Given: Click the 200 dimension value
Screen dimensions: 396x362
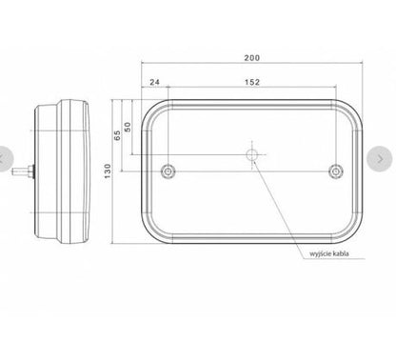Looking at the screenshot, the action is [x=252, y=58].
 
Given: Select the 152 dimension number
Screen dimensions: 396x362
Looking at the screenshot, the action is [x=252, y=82].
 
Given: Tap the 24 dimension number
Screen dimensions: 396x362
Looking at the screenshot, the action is [x=154, y=82].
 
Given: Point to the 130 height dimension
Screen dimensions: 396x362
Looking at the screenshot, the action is [x=108, y=171].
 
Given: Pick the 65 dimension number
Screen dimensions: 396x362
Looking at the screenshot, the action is [x=117, y=135].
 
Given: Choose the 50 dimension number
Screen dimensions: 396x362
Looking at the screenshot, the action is [x=128, y=127].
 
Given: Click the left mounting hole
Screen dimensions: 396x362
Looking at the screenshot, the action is [x=168, y=171].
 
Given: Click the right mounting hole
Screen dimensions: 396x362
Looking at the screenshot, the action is [x=336, y=171].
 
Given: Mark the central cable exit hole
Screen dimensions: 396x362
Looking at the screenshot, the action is [x=252, y=155].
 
